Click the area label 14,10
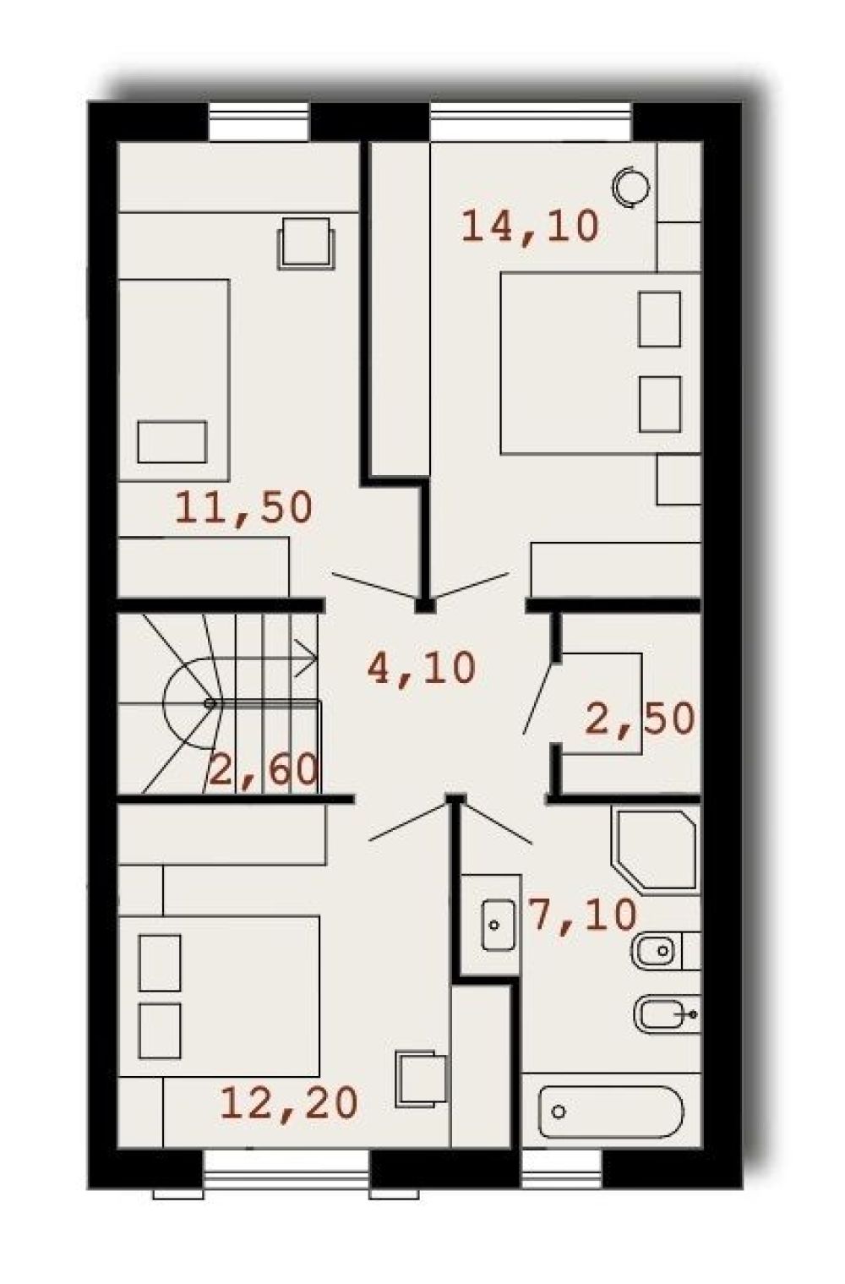point(531,227)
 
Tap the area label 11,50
point(243,508)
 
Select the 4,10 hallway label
point(422,669)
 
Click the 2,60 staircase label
point(264,770)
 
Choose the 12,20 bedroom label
point(289,1103)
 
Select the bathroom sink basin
point(497,925)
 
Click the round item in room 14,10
point(630,186)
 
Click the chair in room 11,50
point(306,243)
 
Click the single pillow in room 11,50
point(172,442)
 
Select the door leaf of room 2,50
point(539,698)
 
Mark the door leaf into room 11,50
point(375,586)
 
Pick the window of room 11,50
point(259,122)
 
